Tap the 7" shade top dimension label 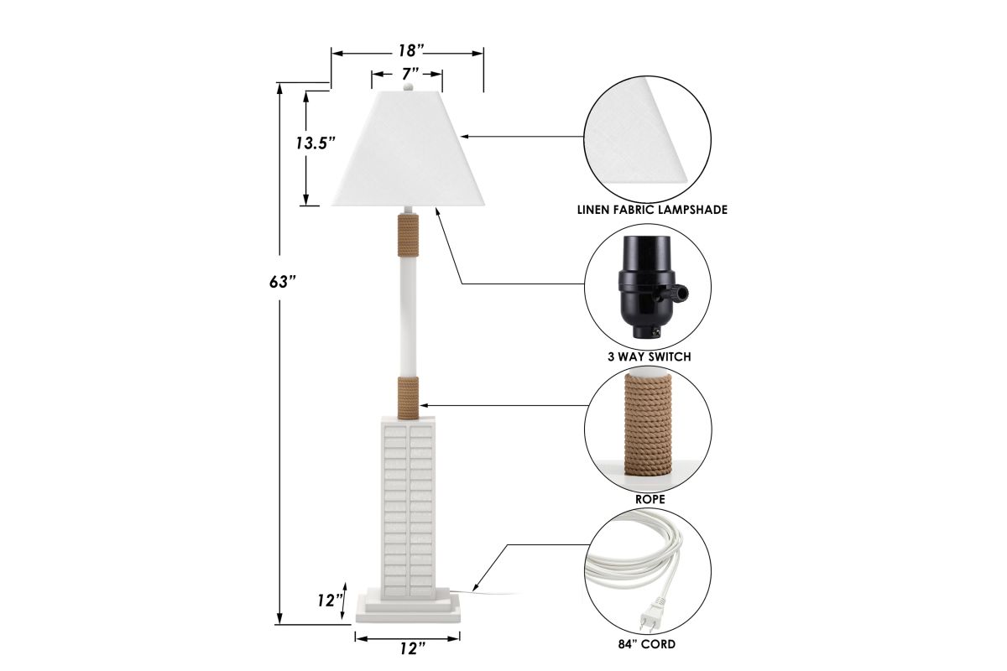[x=410, y=74]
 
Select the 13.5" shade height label [x=316, y=143]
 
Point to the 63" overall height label [x=282, y=282]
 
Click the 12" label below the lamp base [x=412, y=648]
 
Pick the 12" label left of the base [x=331, y=601]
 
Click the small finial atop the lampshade [x=408, y=86]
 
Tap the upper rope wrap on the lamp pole [x=408, y=236]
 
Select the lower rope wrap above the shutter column [x=408, y=398]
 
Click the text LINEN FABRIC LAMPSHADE [x=652, y=210]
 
